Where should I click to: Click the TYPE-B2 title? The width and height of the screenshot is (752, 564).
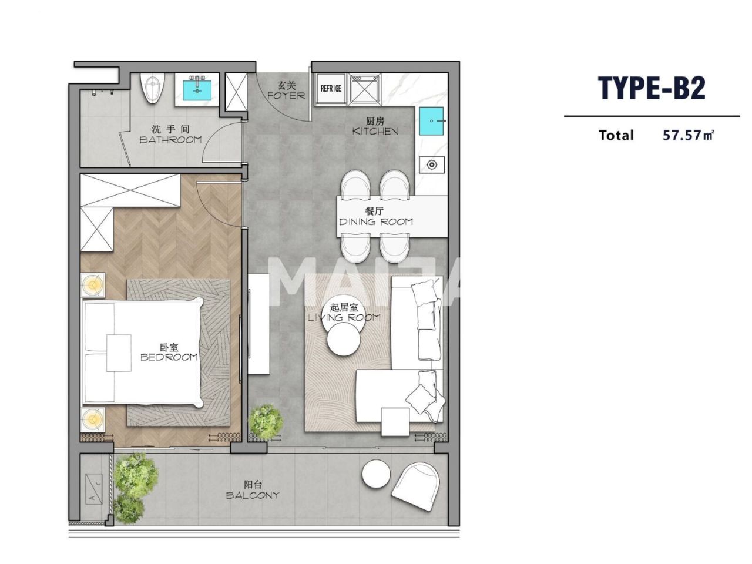point(652,88)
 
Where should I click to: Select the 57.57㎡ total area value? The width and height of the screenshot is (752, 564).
point(688,135)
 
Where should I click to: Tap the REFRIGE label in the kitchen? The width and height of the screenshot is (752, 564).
point(331,88)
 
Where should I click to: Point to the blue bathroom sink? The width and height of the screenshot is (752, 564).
point(196,90)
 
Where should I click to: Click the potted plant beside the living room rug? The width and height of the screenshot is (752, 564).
point(266,421)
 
